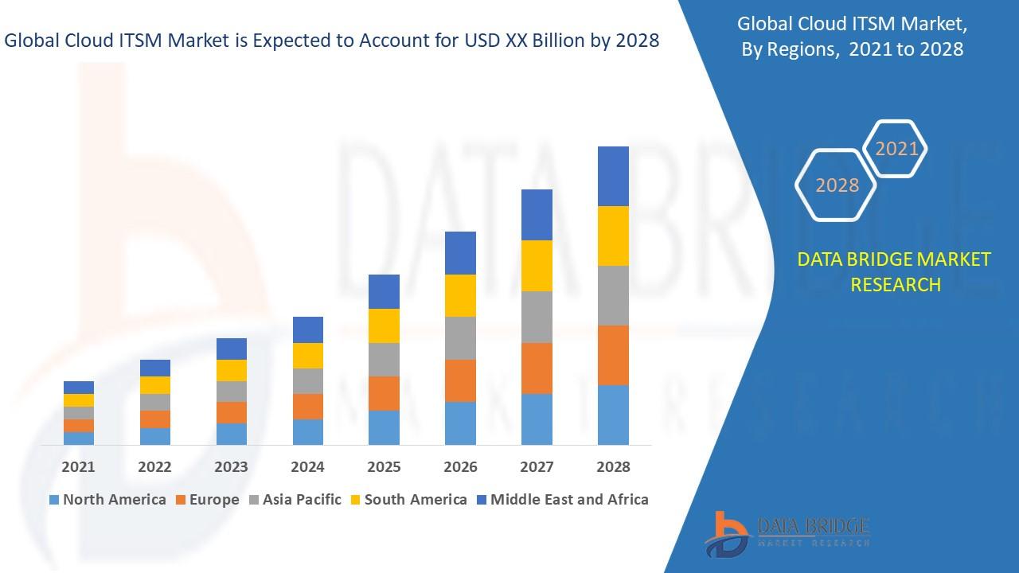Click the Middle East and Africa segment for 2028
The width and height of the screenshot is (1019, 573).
[x=613, y=176]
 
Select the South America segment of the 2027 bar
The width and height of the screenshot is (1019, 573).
[x=537, y=266]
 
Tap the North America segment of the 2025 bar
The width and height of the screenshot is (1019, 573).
[x=384, y=427]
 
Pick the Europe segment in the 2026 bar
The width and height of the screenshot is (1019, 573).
[x=460, y=380]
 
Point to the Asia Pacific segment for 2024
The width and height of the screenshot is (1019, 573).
[x=308, y=381]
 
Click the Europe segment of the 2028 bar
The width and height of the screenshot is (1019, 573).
[x=613, y=355]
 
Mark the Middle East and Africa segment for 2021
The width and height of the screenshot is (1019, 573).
[x=79, y=388]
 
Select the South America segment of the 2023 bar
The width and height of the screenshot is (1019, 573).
[x=232, y=370]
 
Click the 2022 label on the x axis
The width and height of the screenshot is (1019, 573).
[x=154, y=467]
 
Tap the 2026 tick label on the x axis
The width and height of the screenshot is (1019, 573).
[x=460, y=467]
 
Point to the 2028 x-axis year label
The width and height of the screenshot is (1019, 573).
[x=613, y=467]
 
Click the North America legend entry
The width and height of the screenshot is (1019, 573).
[x=107, y=500]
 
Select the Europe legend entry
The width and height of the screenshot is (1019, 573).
[x=206, y=500]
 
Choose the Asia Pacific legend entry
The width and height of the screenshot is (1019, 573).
[x=295, y=500]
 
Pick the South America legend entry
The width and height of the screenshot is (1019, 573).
[x=408, y=500]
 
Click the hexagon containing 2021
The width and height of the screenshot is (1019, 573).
[x=896, y=149]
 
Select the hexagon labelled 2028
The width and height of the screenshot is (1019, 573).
[x=837, y=185]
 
